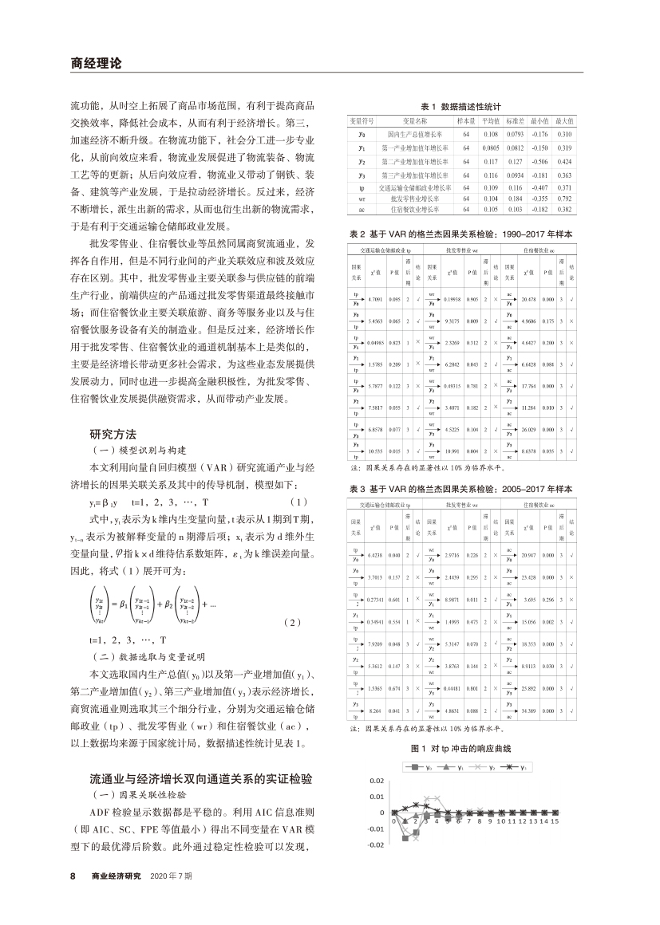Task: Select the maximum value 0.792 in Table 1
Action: coord(564,197)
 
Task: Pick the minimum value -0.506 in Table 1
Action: coord(541,160)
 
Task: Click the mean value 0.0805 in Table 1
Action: coord(489,148)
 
